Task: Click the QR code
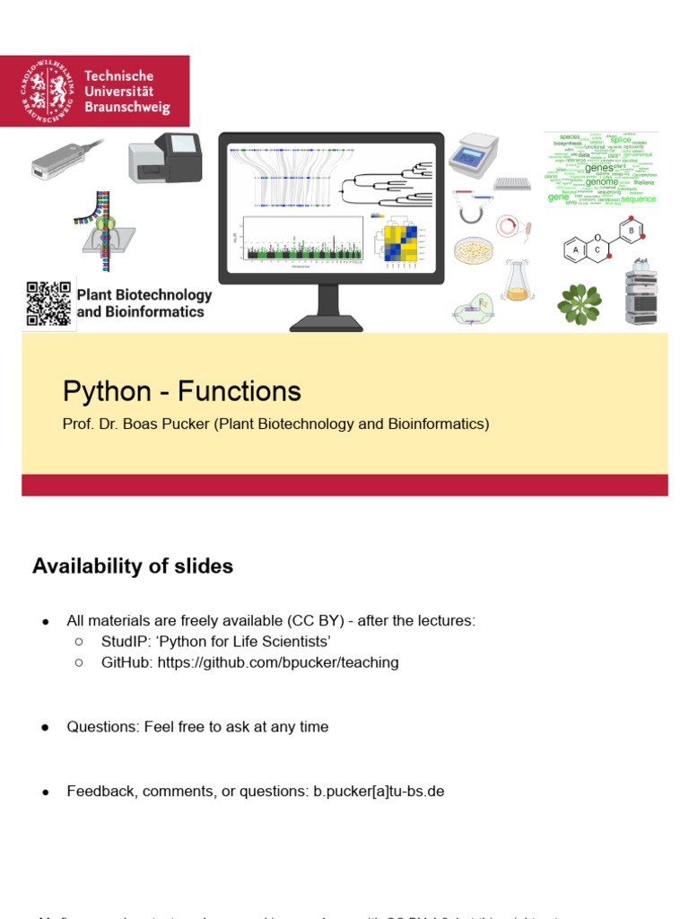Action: (48, 303)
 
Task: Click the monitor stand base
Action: (327, 322)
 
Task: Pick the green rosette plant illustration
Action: (579, 303)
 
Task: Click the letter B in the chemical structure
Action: (632, 231)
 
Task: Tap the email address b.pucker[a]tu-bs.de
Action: (379, 791)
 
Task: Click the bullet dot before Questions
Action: (45, 727)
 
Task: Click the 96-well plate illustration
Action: (511, 184)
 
